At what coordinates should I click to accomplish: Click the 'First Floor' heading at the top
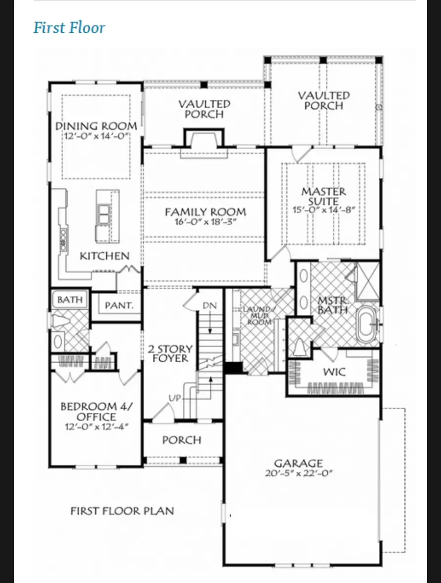pos(69,27)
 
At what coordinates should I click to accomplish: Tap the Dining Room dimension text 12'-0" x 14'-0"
pos(97,136)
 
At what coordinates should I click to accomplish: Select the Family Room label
pos(205,212)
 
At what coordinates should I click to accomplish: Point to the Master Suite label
pos(323,196)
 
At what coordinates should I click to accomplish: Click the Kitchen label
pos(104,256)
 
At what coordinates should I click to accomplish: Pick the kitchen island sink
pos(103,214)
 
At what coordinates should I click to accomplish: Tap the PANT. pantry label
pos(119,305)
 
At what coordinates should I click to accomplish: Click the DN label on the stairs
pos(210,305)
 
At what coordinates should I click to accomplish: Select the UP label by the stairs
pos(174,398)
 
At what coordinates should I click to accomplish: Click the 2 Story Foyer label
pos(171,353)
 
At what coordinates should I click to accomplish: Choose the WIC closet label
pos(334,372)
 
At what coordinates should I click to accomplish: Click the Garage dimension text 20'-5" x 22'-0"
pos(298,473)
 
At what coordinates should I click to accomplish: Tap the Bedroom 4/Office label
pos(97,411)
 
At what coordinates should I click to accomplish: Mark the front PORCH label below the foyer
pos(182,440)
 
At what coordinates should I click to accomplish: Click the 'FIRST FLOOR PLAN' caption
pos(122,511)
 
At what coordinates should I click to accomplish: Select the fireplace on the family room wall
pos(204,143)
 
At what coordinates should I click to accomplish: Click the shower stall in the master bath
pos(367,281)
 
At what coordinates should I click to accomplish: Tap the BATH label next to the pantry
pos(70,299)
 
